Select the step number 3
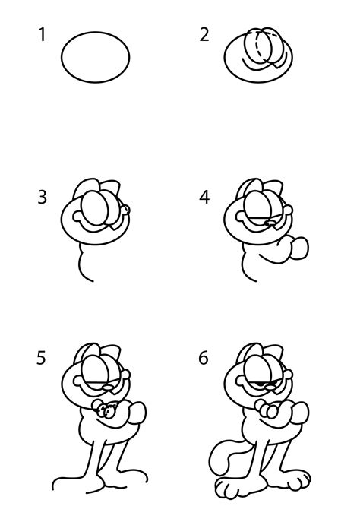pos(43,198)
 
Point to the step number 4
pos(204,198)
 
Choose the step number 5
pos(43,357)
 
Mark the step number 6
pos(204,357)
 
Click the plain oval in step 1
pos(95,56)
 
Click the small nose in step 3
pos(126,210)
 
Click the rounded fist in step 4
pos(300,248)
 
